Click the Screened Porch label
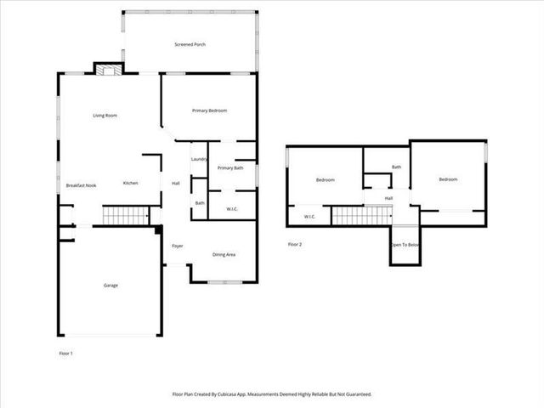coord(190,44)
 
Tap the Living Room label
coord(105,116)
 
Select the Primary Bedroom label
coord(209,110)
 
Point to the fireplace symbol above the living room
coord(108,71)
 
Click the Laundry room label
coord(200,159)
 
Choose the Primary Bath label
coord(230,168)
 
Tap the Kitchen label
coord(130,184)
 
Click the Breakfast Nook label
coord(81,185)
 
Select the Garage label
coord(110,286)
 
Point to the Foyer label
coord(178,246)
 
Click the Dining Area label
coord(224,255)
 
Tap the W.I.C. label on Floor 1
coord(231,208)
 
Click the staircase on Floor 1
coord(126,215)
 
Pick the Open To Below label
coord(405,245)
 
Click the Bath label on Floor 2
coord(396,167)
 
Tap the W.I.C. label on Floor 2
coord(309,217)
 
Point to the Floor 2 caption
coord(295,245)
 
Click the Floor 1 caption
coord(65,353)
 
